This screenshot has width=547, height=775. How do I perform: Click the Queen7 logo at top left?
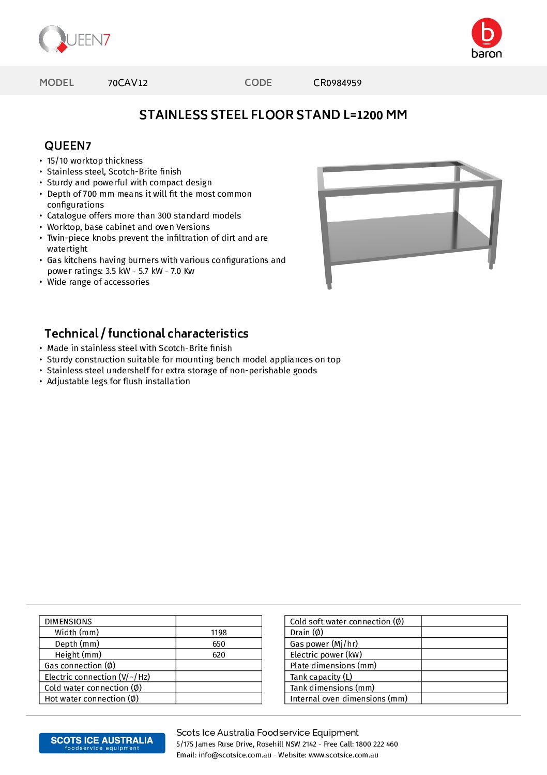(x=74, y=39)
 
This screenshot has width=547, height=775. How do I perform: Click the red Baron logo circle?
(x=487, y=33)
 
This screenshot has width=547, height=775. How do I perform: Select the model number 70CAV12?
(x=128, y=83)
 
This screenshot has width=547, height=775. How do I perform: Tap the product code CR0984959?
(x=337, y=83)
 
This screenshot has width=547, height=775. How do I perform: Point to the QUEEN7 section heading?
(x=68, y=145)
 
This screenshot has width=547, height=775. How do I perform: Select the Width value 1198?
(x=219, y=633)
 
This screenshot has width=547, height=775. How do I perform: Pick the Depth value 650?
(x=219, y=644)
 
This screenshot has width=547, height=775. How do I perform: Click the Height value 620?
(x=219, y=655)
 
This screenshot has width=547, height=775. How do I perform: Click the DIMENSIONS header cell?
(x=68, y=621)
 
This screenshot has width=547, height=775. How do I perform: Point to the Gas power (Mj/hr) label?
(x=324, y=644)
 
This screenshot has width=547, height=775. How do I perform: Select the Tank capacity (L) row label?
(x=321, y=677)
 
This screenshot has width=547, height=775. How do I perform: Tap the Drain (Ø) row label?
(x=307, y=633)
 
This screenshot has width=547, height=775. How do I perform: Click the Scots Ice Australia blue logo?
(x=102, y=743)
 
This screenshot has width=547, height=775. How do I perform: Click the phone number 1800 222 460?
(x=376, y=744)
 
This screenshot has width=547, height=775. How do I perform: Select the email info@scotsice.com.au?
(x=235, y=755)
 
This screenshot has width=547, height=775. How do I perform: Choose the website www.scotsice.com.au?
(x=343, y=755)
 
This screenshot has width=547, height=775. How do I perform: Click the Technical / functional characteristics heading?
(x=146, y=333)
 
